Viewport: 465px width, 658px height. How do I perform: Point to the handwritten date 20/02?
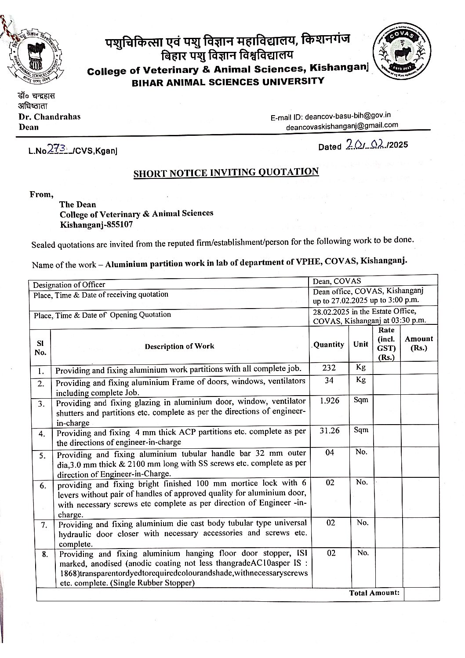[365, 145]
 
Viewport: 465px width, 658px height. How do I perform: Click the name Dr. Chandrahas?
[49, 117]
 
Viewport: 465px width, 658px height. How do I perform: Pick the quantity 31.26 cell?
[329, 431]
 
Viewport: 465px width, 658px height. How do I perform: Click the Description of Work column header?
[179, 346]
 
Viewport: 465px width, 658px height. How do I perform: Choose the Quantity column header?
[328, 345]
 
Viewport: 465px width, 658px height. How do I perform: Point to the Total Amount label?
[374, 593]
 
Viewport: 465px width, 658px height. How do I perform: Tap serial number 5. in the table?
[43, 455]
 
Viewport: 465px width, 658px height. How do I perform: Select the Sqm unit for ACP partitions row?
[361, 430]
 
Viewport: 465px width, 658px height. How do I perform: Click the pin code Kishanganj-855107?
[96, 224]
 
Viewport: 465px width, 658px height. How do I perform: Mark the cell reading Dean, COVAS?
[332, 280]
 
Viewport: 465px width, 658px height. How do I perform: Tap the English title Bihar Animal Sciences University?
[228, 81]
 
